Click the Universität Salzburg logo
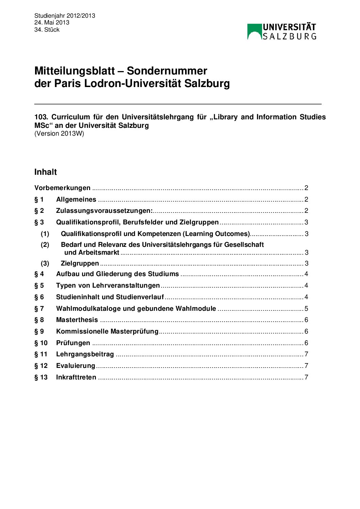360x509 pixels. pyautogui.click(x=281, y=32)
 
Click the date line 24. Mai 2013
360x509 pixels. pyautogui.click(x=52, y=22)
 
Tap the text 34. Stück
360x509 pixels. pyautogui.click(x=47, y=30)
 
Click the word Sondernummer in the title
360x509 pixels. pyautogui.click(x=167, y=71)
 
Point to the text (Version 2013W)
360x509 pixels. pyautogui.click(x=59, y=134)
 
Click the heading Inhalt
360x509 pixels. pyautogui.click(x=46, y=172)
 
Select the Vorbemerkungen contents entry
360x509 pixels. pyautogui.click(x=62, y=188)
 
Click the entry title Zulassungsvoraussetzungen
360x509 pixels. pyautogui.click(x=104, y=211)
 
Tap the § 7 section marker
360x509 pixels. pyautogui.click(x=39, y=309)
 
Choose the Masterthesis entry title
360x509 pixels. pyautogui.click(x=77, y=320)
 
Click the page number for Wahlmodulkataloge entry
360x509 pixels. pyautogui.click(x=306, y=309)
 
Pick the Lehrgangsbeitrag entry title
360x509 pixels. pyautogui.click(x=85, y=354)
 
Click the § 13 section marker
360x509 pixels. pyautogui.click(x=41, y=377)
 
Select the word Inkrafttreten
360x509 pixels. pyautogui.click(x=76, y=377)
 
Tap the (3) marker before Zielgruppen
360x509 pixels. pyautogui.click(x=45, y=264)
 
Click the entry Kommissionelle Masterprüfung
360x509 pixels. pyautogui.click(x=107, y=332)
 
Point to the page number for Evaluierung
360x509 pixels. pyautogui.click(x=306, y=366)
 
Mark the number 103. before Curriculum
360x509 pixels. pyautogui.click(x=41, y=117)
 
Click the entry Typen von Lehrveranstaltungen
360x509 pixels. pyautogui.click(x=108, y=286)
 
